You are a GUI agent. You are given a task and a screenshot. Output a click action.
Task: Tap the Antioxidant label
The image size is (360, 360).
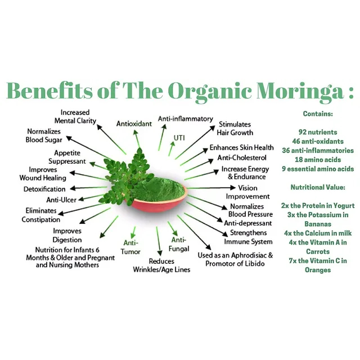coord(134,123)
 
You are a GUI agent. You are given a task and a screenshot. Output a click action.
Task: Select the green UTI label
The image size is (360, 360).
coord(179,137)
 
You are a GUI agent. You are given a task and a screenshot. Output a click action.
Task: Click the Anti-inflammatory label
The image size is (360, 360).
coord(185,119)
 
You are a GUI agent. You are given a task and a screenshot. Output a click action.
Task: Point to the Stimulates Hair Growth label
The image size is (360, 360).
coord(235,128)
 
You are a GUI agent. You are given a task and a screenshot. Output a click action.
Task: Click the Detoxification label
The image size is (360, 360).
coord(44,189)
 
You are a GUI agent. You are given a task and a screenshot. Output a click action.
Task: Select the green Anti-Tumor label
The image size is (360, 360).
coord(132,247)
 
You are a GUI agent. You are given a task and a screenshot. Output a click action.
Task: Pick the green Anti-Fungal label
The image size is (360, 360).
coord(179,244)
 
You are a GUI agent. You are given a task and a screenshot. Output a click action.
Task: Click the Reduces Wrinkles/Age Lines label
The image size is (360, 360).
coord(161,265)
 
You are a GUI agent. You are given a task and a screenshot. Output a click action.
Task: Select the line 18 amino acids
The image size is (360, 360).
coord(318,160)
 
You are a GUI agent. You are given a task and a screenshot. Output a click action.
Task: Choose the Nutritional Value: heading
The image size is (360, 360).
coord(318,187)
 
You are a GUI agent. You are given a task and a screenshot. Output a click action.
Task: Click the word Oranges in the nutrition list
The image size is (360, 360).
coord(318,270)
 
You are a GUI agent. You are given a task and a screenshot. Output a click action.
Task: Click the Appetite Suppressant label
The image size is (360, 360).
coord(70,157)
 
